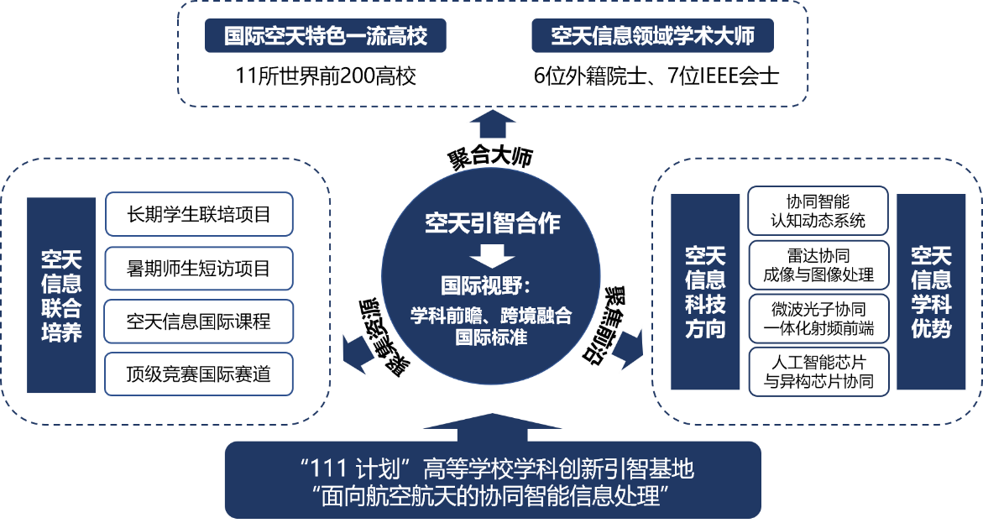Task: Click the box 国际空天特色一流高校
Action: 325,36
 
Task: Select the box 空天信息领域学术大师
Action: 652,36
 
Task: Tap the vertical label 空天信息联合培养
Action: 61,295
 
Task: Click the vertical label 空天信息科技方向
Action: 705,291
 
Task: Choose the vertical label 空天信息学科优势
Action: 931,291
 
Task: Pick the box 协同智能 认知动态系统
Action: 818,212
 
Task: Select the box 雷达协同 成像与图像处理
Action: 818,265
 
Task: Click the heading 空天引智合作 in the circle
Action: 492,224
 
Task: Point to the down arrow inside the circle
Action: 491,255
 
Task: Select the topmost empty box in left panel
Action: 199,214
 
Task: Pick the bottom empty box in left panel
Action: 199,374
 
